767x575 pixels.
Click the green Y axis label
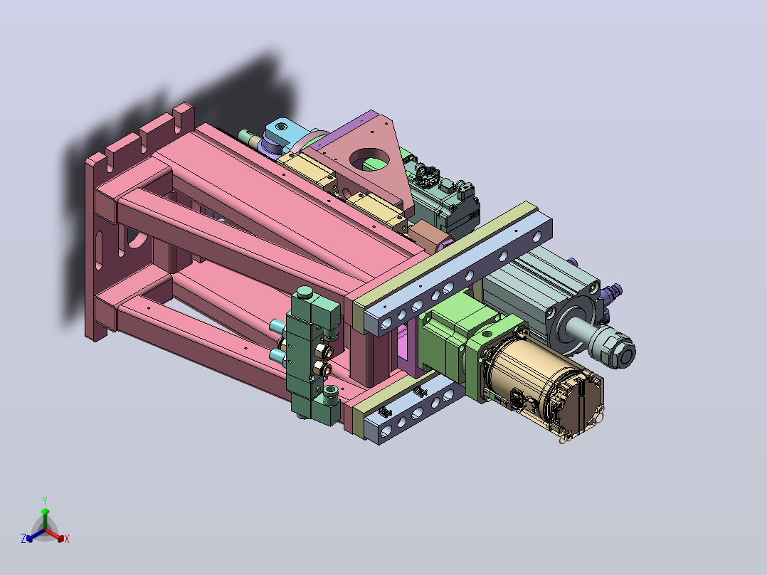coord(45,500)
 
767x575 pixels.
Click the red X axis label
coord(67,539)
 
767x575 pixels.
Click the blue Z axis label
coord(23,539)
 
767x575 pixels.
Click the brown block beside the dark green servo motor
coord(428,236)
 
